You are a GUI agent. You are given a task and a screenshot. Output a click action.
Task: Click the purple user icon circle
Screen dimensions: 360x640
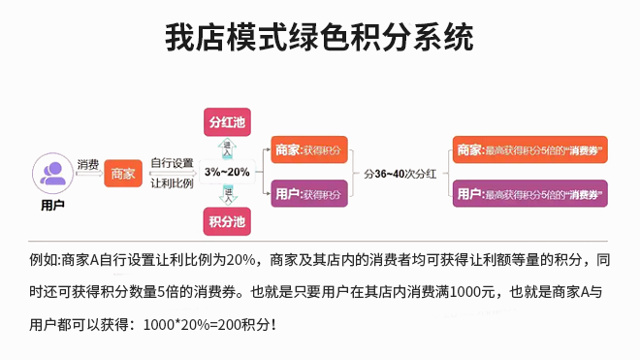tap(53, 173)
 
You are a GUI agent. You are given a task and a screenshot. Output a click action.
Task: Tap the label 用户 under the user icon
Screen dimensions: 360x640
tap(53, 206)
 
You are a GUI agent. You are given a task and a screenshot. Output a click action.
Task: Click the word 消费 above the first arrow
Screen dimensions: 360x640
tap(87, 163)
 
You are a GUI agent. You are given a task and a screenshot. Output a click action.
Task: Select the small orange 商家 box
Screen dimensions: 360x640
tap(123, 174)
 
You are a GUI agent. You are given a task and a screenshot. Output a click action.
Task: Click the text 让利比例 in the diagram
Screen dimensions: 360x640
tap(173, 182)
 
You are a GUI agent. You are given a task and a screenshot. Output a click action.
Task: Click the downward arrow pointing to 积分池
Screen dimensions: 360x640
tap(228, 194)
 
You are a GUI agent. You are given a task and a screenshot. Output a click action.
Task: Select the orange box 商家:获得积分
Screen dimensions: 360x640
tap(308, 149)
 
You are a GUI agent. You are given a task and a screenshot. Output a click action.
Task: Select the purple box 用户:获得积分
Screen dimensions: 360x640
tap(308, 194)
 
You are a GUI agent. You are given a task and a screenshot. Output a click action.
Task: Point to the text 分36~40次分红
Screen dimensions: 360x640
tap(400, 173)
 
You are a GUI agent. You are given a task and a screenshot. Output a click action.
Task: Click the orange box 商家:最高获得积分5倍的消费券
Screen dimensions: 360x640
tap(529, 150)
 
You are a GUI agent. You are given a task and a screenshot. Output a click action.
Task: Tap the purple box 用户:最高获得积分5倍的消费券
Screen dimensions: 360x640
tap(529, 194)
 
